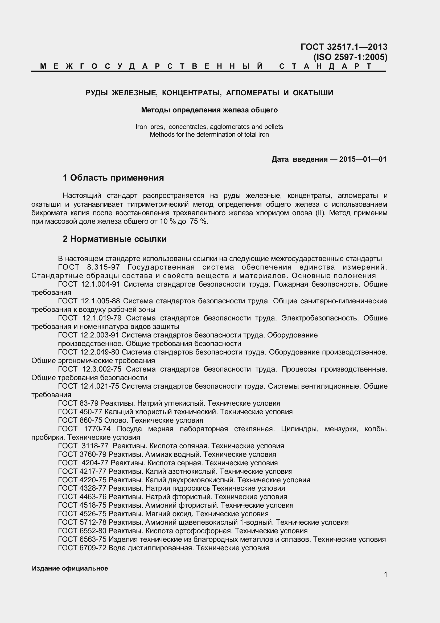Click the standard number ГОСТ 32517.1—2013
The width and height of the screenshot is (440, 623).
pos(344,47)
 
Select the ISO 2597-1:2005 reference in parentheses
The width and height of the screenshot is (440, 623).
pos(350,57)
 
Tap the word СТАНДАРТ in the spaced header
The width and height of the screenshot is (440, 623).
pos(325,66)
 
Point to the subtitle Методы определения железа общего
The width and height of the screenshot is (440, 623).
pos(209,110)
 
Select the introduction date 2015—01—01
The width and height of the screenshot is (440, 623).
pos(363,159)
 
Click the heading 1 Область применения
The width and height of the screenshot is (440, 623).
pos(113,178)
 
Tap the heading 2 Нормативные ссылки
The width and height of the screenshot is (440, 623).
pos(115,239)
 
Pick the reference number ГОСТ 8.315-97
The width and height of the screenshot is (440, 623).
pos(89,267)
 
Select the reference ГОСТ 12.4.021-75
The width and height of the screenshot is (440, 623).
pos(89,386)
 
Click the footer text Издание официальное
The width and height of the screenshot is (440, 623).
pos(70,568)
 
